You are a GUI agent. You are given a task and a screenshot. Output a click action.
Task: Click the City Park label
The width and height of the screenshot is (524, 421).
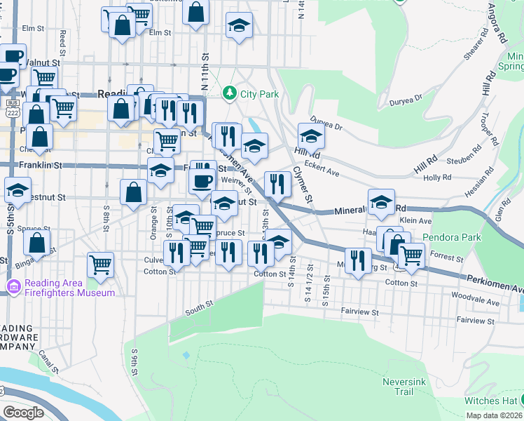coord(260,93)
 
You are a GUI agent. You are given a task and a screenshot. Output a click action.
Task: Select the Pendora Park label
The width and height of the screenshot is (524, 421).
coord(452,237)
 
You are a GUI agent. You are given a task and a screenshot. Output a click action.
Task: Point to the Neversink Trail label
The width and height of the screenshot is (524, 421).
coord(399,387)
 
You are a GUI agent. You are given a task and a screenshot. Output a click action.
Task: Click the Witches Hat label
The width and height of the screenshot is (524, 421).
coord(490,401)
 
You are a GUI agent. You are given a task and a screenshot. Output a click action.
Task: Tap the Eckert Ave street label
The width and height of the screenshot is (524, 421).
coord(323,173)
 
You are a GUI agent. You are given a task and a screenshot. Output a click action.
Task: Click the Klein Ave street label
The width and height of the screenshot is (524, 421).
coord(415,220)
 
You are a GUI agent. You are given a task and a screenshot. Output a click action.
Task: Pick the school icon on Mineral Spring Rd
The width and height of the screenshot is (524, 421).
coord(381,201)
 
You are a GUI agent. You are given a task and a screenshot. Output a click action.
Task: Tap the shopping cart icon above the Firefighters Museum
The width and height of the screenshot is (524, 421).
coord(101,264)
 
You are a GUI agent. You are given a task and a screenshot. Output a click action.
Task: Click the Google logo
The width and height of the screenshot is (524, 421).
coord(23,412)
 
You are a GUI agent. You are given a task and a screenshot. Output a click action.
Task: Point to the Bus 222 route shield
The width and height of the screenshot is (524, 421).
coord(12,111)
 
